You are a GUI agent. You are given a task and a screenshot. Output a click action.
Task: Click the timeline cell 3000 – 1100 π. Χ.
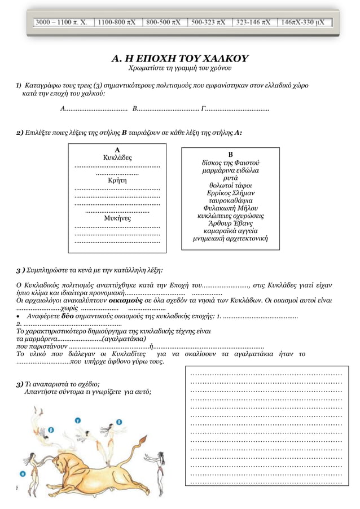pos(62,23)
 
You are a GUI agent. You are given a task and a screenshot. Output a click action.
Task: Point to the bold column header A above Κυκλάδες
pos(117,150)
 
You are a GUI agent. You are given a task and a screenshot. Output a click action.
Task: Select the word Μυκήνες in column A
pos(117,217)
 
